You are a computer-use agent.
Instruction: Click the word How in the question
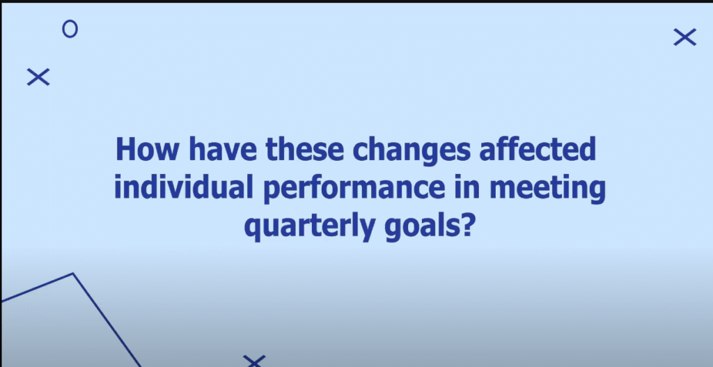[x=147, y=149]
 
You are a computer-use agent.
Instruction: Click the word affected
[x=537, y=149]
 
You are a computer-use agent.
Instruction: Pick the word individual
[x=183, y=187]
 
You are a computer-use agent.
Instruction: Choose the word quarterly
[x=310, y=228]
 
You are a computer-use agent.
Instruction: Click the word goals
[x=420, y=228]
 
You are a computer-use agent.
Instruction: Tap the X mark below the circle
[x=38, y=77]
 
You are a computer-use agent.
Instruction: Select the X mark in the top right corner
[x=685, y=38]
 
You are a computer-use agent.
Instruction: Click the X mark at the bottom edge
[x=255, y=361]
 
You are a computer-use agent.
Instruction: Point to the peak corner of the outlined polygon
[x=73, y=273]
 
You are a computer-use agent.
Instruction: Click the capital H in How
[x=126, y=150]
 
